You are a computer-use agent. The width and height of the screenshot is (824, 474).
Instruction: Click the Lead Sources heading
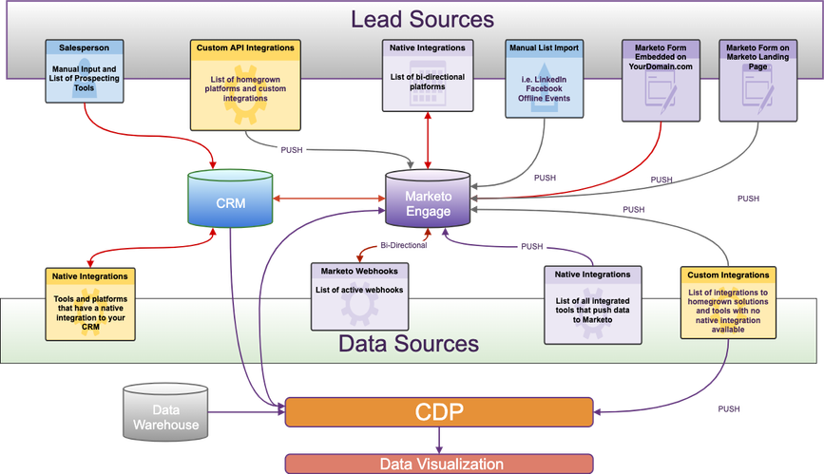coord(422,19)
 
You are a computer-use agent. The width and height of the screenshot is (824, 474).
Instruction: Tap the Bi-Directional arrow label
coord(404,244)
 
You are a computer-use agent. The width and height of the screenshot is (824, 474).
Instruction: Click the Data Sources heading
coord(408,343)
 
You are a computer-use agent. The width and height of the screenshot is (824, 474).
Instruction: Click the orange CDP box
coord(438,412)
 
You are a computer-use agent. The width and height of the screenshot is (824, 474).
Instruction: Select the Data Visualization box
coord(441,464)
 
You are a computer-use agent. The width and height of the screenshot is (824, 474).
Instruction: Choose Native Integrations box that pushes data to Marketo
coord(593,304)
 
